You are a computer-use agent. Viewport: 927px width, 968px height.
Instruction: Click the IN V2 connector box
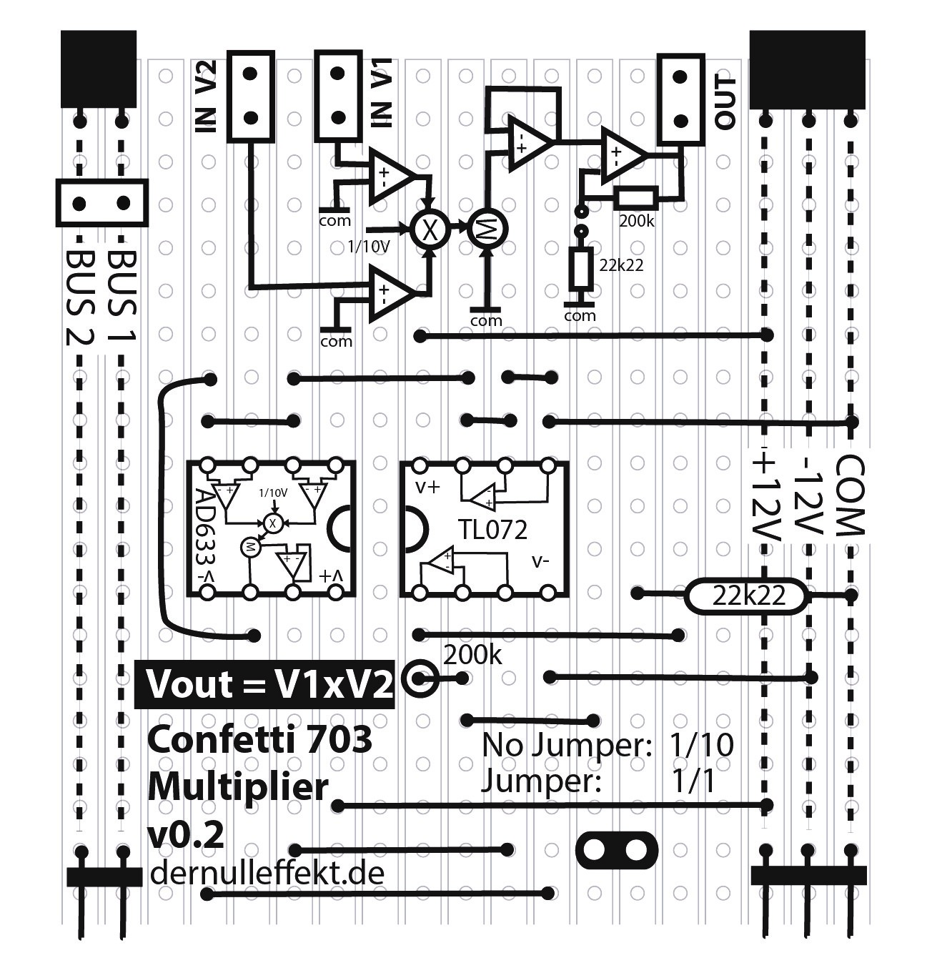250,95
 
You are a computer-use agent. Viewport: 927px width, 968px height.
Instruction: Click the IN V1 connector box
337,95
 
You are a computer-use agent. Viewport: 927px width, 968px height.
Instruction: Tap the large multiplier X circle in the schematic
429,229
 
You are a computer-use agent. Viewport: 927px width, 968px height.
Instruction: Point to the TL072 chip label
493,530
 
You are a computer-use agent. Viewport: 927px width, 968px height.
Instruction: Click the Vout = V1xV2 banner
265,684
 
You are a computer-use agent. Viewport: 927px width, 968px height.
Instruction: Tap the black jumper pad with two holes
616,849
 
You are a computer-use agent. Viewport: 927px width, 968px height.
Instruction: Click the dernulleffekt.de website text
267,873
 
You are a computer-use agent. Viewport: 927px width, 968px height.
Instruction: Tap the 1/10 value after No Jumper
702,745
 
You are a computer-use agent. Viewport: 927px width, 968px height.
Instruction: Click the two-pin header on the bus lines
101,204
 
